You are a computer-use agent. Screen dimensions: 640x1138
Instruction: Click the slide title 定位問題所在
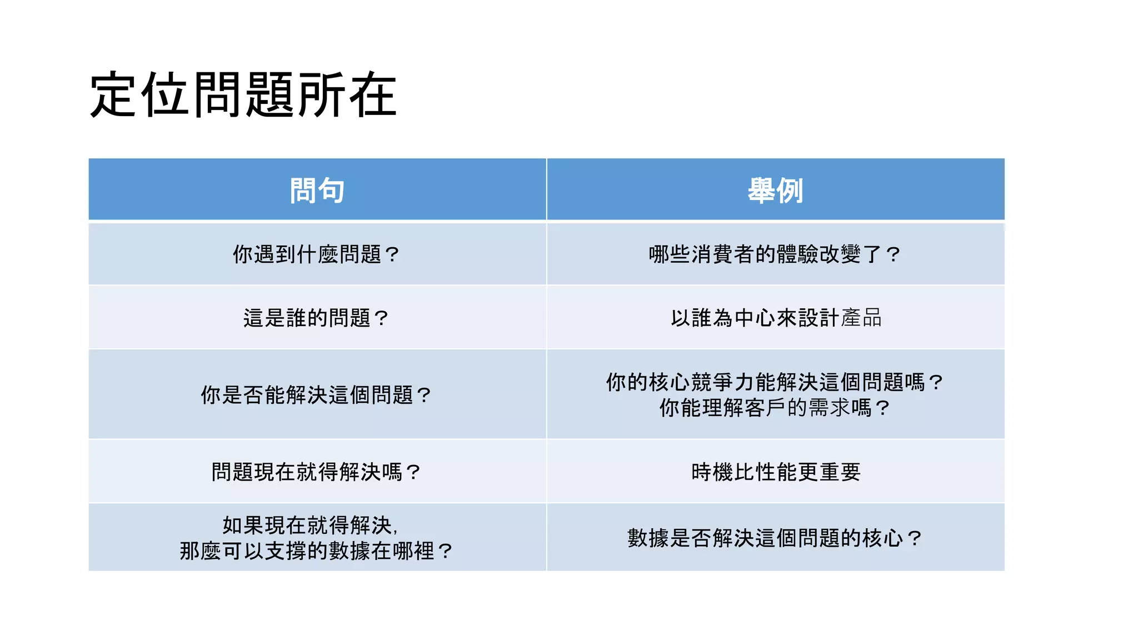[243, 95]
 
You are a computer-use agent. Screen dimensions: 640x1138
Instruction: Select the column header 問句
[317, 191]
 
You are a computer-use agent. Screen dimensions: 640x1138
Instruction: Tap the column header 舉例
[775, 191]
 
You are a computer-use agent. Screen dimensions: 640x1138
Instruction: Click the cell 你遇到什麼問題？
[316, 254]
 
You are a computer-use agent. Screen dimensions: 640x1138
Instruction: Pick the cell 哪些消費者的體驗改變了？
[775, 254]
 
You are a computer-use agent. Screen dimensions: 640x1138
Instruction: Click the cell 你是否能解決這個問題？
[316, 395]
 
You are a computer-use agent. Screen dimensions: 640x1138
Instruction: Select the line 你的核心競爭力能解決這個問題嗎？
[775, 382]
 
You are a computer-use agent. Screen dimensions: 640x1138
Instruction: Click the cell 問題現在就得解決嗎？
[316, 472]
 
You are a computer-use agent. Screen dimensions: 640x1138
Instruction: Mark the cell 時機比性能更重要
[776, 472]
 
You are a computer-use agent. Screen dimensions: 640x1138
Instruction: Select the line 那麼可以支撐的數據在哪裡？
[316, 551]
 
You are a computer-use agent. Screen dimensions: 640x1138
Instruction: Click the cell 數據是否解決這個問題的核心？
[775, 538]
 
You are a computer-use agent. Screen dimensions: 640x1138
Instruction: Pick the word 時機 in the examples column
[712, 472]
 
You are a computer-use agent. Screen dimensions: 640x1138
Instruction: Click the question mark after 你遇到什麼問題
[392, 254]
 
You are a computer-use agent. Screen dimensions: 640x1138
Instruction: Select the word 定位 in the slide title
[138, 95]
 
